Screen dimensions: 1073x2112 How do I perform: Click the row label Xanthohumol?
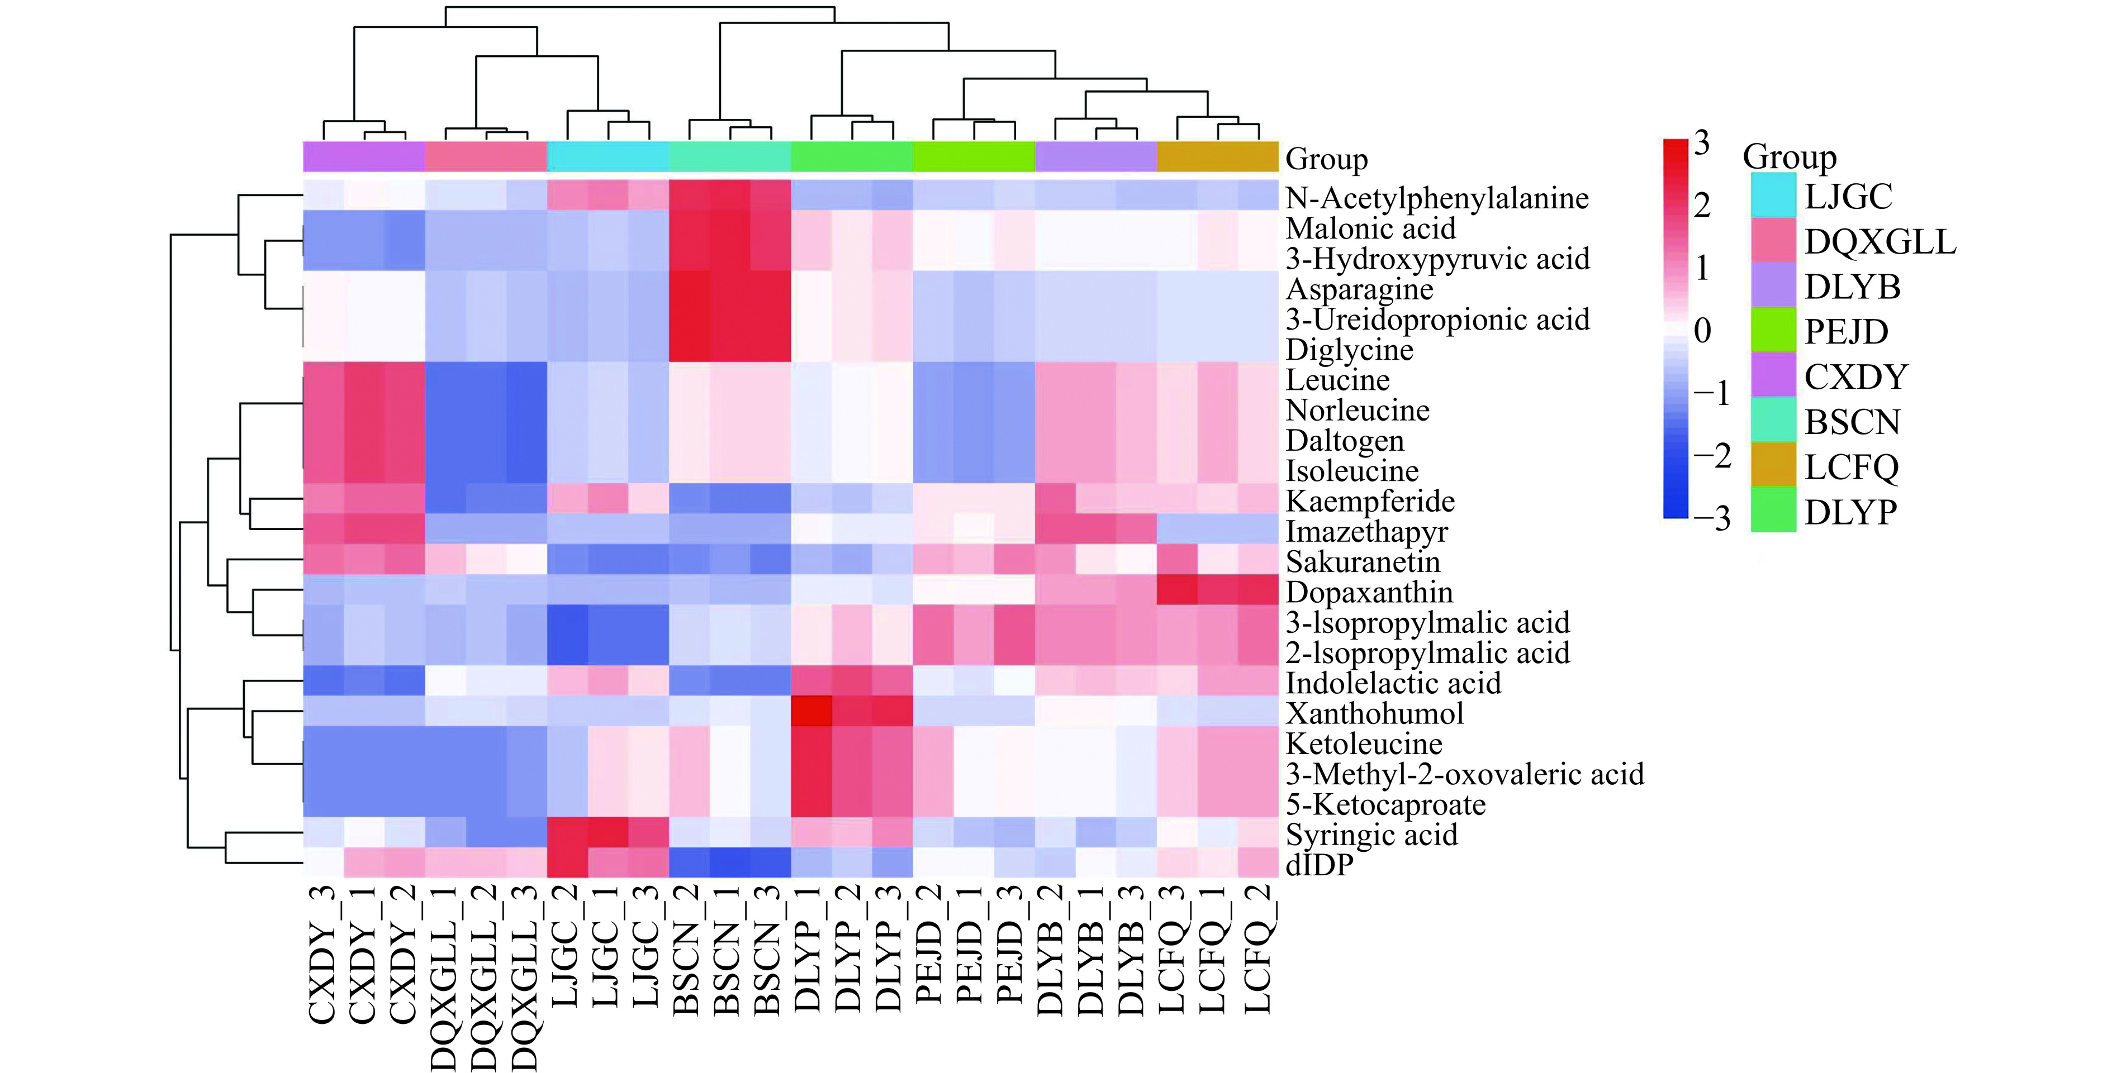(1374, 713)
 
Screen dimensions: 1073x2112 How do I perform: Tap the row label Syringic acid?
(1371, 834)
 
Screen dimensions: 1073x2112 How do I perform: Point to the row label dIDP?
(1319, 865)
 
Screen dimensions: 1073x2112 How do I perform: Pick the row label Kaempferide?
(1370, 501)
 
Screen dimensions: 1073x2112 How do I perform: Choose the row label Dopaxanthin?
(1369, 592)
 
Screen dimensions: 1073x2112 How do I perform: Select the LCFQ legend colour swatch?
(1773, 466)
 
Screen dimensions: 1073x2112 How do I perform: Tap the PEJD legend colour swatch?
(1773, 330)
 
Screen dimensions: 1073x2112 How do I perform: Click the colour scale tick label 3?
(1702, 144)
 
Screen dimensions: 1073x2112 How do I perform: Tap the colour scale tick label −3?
(1711, 518)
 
